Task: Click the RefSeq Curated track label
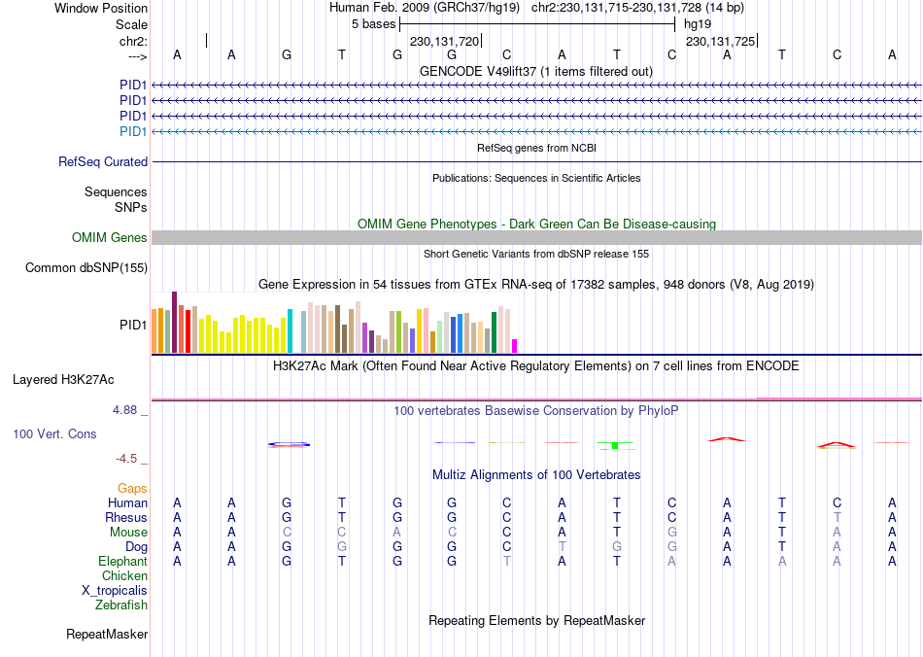103,162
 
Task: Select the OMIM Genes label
110,238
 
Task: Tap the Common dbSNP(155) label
86,268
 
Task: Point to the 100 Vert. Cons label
54,434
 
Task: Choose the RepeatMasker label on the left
107,636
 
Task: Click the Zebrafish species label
121,605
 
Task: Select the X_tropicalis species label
115,591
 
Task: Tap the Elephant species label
122,562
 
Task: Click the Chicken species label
124,576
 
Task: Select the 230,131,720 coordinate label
445,42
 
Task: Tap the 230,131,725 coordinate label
720,42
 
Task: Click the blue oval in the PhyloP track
290,444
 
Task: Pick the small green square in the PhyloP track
615,445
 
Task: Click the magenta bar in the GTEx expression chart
515,345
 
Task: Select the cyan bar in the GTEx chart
290,330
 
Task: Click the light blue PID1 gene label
133,132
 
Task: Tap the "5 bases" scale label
373,23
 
